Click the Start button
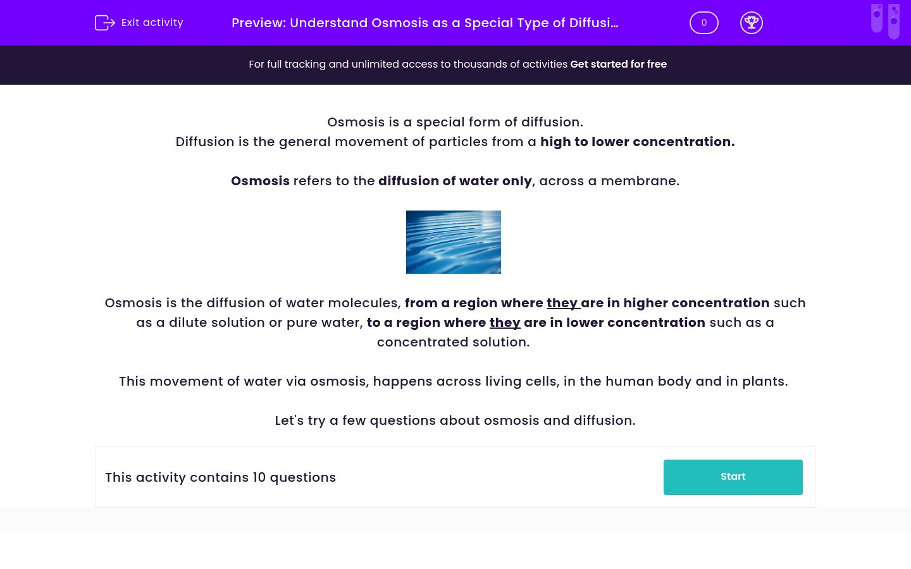coord(733,477)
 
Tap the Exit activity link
coord(152,23)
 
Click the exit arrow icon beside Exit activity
coord(104,23)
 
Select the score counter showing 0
coord(703,23)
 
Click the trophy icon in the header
coord(751,23)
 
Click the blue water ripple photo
coord(453,242)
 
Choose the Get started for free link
coord(618,64)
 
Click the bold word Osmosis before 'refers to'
coord(260,181)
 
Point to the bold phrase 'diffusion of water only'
coord(455,181)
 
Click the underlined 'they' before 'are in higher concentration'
coord(562,303)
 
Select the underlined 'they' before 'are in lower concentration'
coord(505,322)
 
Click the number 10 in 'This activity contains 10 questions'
coord(259,477)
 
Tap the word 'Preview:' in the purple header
coord(259,23)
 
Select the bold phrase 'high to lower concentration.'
coord(637,142)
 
